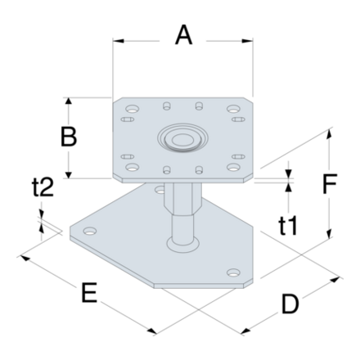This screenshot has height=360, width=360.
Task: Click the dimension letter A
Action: coord(184,37)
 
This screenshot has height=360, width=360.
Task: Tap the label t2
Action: coord(43,188)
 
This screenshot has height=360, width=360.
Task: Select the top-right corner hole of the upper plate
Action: coord(234,108)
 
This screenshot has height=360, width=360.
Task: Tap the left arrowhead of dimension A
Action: coord(116,38)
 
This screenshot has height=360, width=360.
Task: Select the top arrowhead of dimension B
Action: coord(70,101)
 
